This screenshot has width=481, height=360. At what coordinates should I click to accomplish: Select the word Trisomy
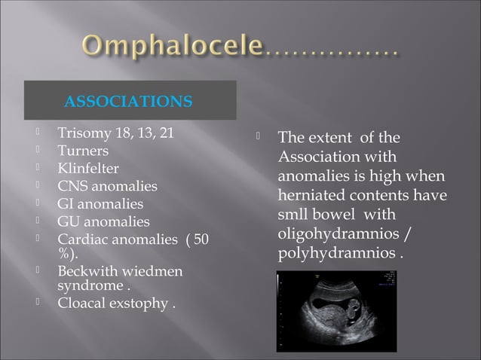coord(81,135)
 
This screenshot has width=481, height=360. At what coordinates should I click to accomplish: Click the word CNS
coord(73,185)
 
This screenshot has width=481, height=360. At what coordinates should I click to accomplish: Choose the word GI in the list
coord(68,203)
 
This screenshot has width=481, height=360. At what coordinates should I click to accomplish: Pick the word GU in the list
coord(70,221)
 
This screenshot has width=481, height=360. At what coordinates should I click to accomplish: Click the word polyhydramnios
coord(335,252)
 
